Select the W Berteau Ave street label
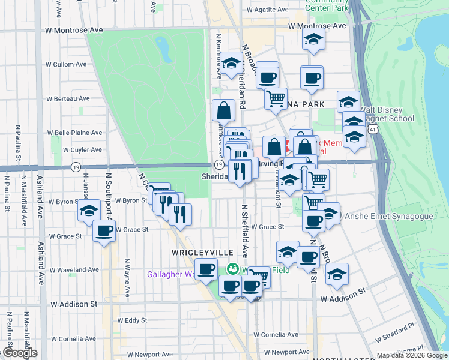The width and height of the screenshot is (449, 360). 68,98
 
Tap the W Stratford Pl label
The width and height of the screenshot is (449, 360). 396,328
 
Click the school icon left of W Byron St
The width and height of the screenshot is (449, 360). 89,211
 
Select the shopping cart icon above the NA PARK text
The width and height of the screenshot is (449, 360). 276,98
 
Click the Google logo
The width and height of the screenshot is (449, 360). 19,353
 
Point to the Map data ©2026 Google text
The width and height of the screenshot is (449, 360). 412,355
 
